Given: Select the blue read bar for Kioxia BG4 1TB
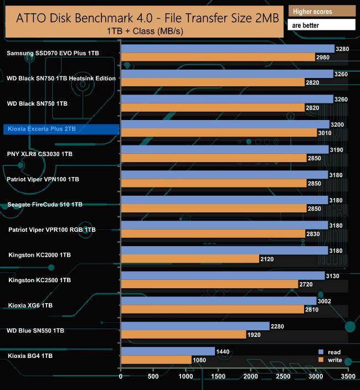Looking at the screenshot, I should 167,351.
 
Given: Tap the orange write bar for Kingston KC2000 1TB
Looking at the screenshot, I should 189,259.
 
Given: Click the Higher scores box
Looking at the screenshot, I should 322,11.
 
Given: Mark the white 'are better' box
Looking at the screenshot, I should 322,25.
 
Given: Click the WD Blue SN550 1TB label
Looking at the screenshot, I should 35,330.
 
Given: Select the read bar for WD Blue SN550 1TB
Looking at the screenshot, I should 195,326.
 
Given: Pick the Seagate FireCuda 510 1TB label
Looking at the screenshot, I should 45,204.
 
